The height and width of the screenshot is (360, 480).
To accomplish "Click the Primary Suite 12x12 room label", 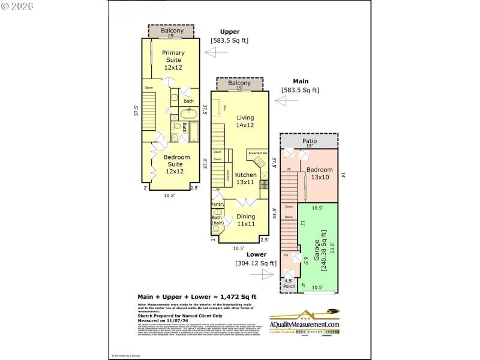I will (x=173, y=60).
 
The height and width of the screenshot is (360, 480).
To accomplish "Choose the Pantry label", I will (x=217, y=205).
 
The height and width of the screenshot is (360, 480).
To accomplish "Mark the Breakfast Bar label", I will (x=257, y=154).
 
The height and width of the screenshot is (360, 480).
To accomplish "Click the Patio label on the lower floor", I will (x=309, y=142).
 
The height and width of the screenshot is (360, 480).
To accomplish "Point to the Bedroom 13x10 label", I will (x=319, y=173).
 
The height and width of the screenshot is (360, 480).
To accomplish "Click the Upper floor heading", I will (x=229, y=32).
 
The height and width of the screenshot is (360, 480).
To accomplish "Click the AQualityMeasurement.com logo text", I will (x=304, y=325).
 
